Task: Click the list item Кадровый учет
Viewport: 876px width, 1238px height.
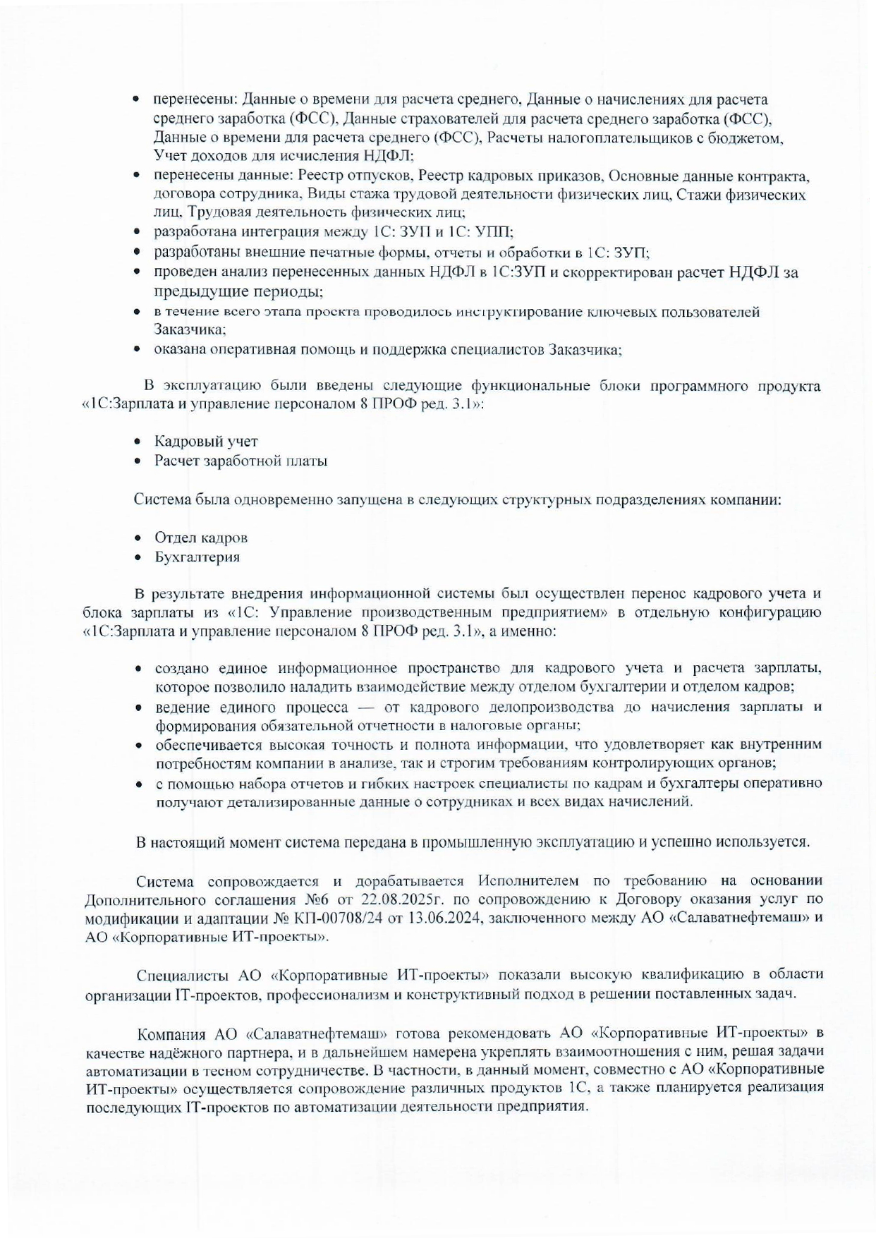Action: point(206,442)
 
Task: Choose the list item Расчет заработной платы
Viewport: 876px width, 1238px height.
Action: point(241,461)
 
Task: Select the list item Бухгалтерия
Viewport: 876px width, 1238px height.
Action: point(197,557)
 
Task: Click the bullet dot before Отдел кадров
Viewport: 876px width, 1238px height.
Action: point(140,538)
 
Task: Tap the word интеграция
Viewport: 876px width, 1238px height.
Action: point(272,231)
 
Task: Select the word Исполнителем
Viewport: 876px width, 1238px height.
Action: point(525,881)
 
